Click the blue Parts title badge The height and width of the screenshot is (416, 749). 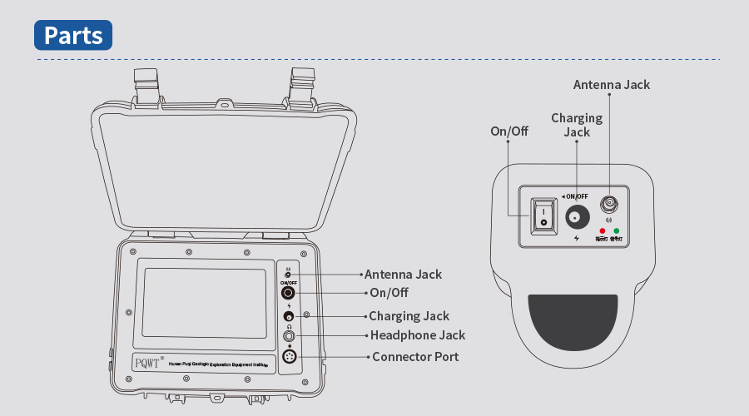coord(73,35)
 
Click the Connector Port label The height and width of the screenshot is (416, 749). coord(415,357)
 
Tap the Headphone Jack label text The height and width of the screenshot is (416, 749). coord(418,335)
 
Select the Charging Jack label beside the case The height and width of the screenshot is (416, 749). coord(409,316)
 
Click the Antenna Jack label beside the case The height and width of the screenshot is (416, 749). coord(403,274)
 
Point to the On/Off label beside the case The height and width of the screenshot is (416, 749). coord(389,293)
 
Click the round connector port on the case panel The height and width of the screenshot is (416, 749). coord(289,356)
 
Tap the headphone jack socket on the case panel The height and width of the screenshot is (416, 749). coord(289,335)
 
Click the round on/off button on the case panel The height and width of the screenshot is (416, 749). coord(288,293)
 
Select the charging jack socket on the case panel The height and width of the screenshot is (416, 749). coord(288,317)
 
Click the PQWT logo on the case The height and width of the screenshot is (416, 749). coord(147,363)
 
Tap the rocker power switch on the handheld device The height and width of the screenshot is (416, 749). coord(543,216)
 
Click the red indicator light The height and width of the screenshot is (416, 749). coord(602,230)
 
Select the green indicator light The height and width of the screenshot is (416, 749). coord(617,230)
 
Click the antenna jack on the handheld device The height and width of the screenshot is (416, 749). coord(609,202)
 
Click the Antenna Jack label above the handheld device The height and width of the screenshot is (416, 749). coord(612,85)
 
